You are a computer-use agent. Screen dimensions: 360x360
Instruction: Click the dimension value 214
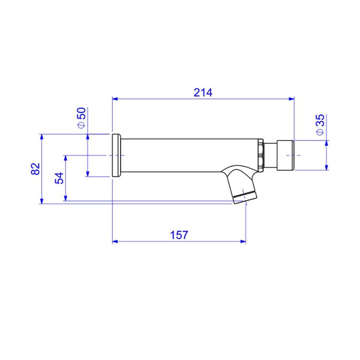203,93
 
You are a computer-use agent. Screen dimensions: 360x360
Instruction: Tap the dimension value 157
179,235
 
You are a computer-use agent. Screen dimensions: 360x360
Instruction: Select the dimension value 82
36,169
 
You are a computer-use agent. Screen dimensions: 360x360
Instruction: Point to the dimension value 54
59,178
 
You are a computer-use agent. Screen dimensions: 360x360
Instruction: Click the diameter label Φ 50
81,118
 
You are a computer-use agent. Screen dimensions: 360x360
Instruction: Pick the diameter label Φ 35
320,125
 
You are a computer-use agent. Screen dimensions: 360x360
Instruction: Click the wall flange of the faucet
117,155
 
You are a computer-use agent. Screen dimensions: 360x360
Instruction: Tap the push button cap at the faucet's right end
285,155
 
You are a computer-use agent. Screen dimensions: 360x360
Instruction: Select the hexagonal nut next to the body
261,155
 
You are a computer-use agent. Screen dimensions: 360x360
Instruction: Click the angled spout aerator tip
245,198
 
